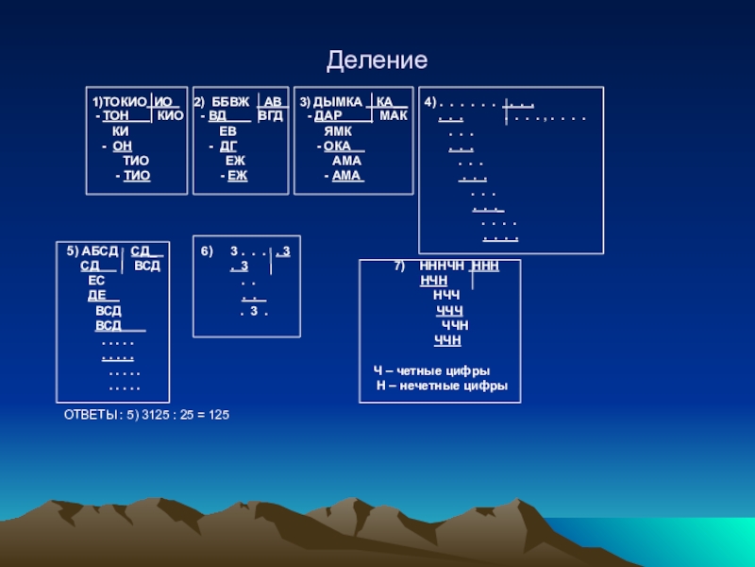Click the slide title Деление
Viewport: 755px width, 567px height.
(x=377, y=61)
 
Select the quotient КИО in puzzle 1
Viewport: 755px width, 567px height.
(x=170, y=115)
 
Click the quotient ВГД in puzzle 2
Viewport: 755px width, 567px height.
(x=270, y=115)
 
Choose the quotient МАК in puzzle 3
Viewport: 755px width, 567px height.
(x=393, y=115)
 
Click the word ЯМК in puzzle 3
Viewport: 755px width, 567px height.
(x=338, y=131)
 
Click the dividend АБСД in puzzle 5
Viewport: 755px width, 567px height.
(x=100, y=251)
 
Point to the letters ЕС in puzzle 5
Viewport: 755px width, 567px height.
(x=96, y=281)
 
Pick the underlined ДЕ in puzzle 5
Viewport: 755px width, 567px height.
(x=96, y=296)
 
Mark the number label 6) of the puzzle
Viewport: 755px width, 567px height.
(x=207, y=251)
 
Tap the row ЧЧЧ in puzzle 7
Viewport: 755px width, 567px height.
(x=449, y=311)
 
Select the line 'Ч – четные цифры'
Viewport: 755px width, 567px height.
(x=432, y=371)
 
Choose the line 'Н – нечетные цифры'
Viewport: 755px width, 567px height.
(x=442, y=387)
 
